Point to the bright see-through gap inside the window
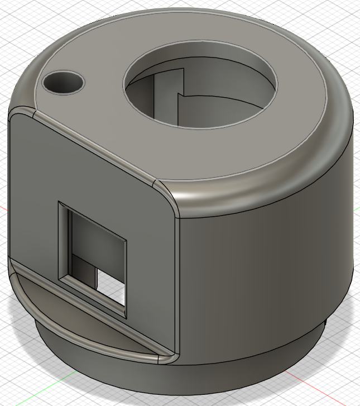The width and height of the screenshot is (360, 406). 111,285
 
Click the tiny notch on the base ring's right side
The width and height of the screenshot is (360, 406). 325,324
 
